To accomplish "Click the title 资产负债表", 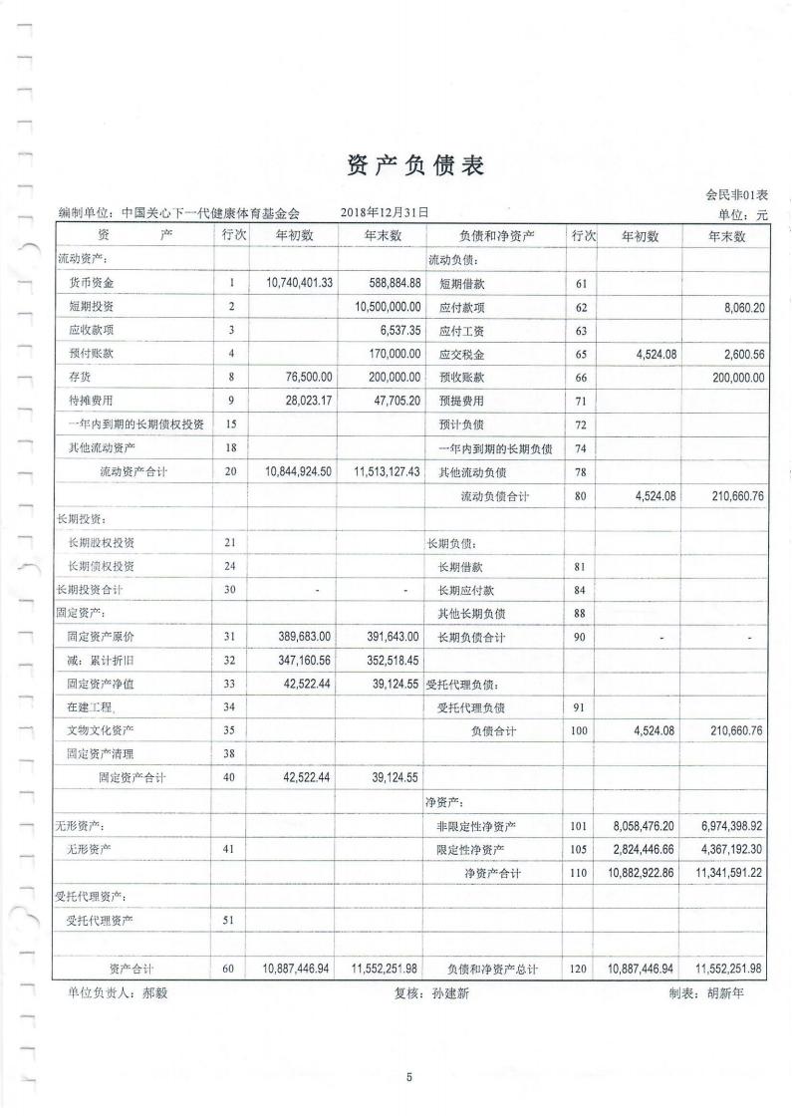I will [415, 166].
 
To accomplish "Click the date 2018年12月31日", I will [385, 212].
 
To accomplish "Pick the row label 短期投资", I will [91, 307].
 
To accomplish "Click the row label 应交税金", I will [461, 354].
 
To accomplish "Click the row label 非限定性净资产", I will [476, 826].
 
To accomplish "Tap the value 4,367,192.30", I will [726, 849].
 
